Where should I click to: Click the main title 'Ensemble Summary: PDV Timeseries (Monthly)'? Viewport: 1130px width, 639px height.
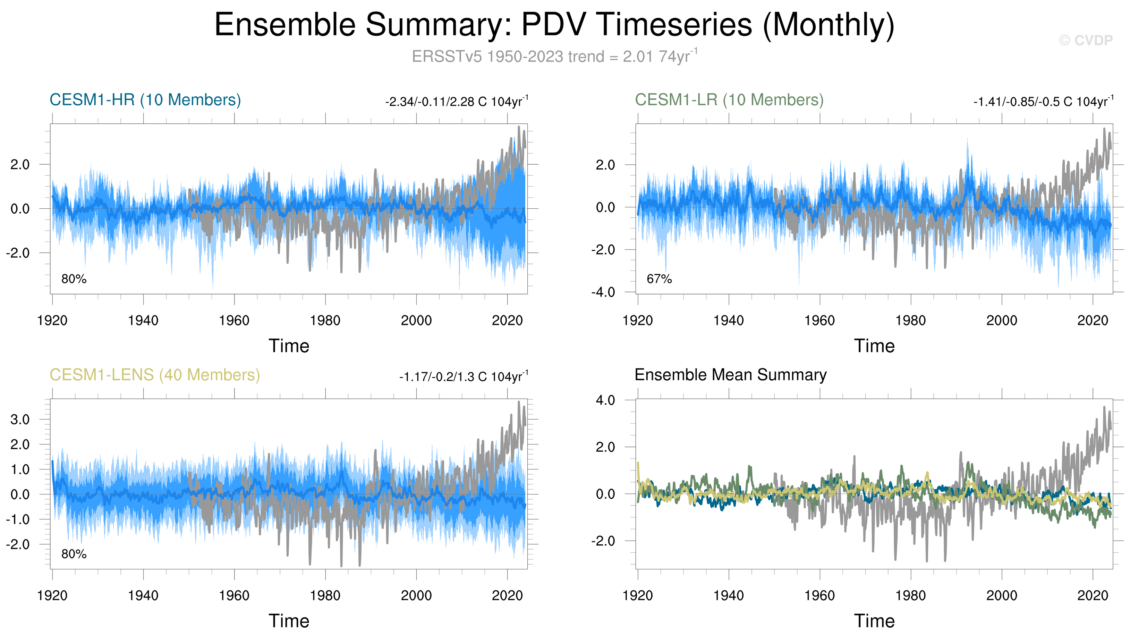[554, 25]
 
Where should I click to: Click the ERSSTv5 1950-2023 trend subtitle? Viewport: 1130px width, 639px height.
[554, 57]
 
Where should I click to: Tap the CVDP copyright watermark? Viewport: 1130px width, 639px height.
[1085, 40]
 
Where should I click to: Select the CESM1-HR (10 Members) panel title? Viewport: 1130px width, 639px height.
[145, 100]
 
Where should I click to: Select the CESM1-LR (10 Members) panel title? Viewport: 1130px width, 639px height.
[729, 100]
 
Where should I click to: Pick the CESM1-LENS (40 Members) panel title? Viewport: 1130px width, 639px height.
[155, 375]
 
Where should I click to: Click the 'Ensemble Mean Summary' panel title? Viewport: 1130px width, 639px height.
[730, 375]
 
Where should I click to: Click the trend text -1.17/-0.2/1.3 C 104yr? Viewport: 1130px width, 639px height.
[463, 377]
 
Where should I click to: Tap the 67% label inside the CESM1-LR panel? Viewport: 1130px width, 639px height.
[659, 279]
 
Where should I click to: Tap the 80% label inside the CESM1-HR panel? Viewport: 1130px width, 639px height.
[74, 279]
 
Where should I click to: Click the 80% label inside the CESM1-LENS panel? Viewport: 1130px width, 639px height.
[74, 554]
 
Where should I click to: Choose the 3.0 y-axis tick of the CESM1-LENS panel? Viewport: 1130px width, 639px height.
[20, 420]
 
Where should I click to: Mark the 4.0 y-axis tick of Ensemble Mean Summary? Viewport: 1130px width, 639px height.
[605, 400]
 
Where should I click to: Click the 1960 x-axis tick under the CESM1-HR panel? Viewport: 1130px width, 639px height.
[234, 321]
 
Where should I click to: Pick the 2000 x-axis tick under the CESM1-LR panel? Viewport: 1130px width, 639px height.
[1001, 321]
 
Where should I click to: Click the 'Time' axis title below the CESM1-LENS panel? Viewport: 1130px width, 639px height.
[289, 621]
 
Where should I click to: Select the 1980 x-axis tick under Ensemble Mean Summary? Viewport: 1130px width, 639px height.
[910, 596]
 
